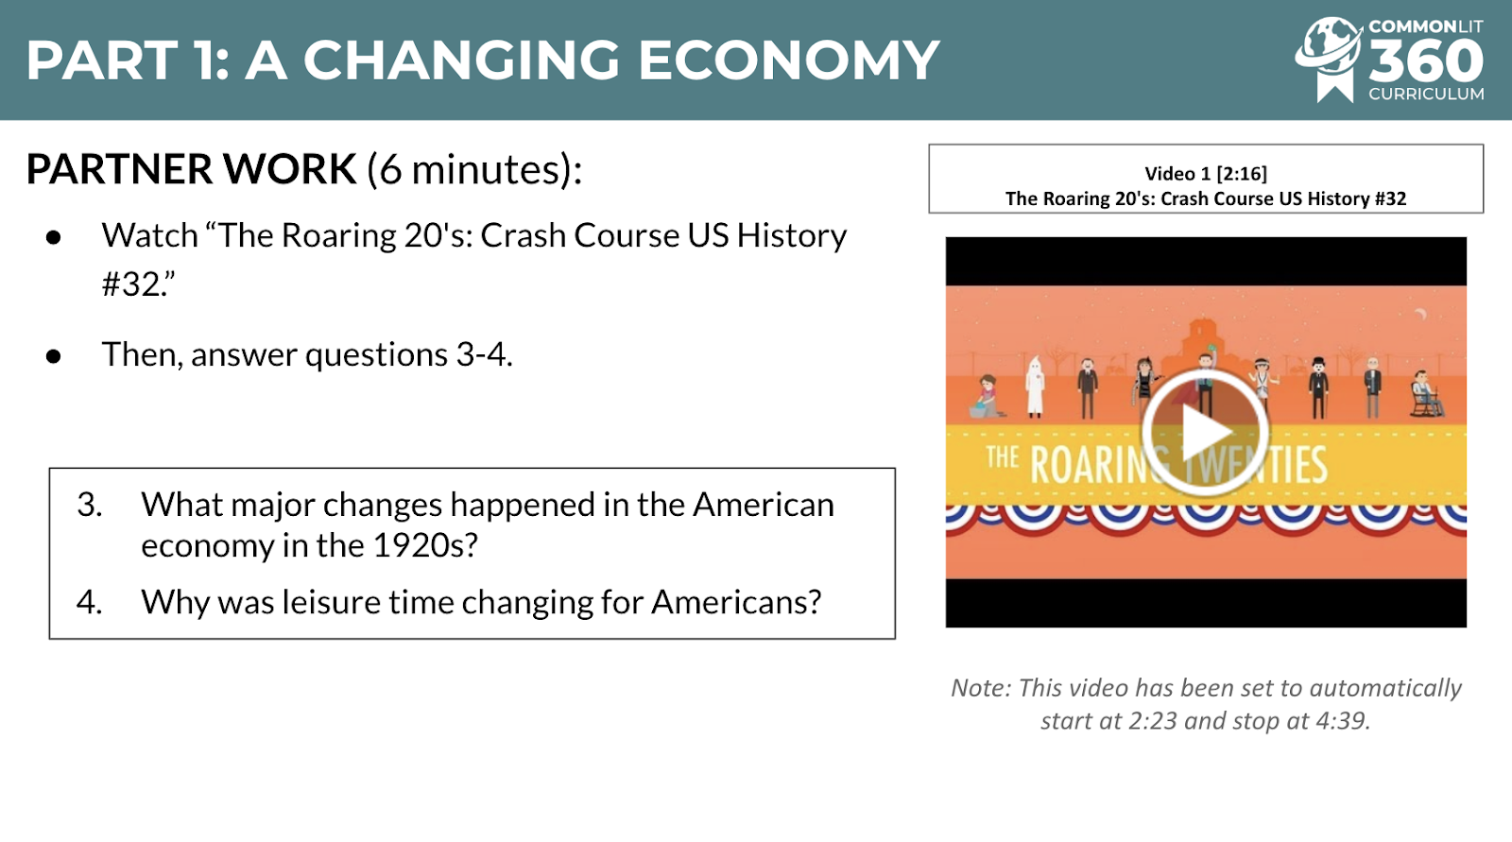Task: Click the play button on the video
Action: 1206,432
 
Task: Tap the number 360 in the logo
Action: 1426,60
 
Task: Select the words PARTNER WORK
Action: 191,169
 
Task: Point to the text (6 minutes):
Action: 474,169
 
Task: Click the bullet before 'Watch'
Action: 53,237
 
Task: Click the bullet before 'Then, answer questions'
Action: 53,356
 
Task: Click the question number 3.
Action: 89,505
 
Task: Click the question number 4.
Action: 89,602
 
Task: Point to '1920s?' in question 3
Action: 424,545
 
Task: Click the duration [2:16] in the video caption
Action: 1242,174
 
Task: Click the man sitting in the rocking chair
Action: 1425,394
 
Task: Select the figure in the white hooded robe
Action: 1035,387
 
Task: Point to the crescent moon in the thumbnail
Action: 1420,314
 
